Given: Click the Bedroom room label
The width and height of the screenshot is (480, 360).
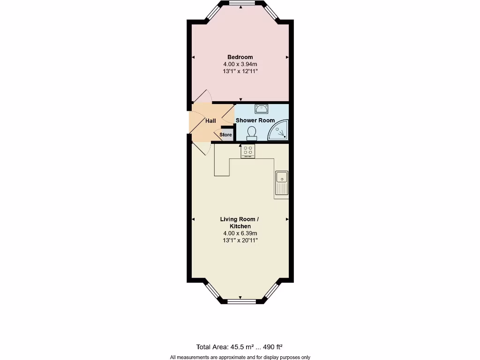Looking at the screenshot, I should [x=240, y=57].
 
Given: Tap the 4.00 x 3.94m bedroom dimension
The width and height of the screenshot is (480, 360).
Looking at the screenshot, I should [x=240, y=64].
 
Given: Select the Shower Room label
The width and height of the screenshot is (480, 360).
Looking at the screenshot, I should [x=255, y=120].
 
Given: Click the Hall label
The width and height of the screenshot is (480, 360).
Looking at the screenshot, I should [x=210, y=121].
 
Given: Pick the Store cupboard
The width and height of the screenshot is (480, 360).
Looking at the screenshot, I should [x=226, y=135].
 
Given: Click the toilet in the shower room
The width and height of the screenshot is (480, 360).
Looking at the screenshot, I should [x=252, y=133].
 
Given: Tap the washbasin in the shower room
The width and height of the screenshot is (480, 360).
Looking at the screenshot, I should [x=261, y=109].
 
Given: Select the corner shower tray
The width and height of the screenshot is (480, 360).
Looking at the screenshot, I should [x=279, y=131].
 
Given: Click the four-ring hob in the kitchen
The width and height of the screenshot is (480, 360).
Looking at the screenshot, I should [x=248, y=151].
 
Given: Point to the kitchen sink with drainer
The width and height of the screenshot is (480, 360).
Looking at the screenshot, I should [x=282, y=182].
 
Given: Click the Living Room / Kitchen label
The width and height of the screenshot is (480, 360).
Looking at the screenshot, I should [x=240, y=223].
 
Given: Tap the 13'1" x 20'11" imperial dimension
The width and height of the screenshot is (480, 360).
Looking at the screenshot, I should [x=240, y=240].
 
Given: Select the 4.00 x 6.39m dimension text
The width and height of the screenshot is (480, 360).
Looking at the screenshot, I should [x=240, y=233].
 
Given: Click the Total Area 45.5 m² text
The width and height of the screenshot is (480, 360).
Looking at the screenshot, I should [x=225, y=347].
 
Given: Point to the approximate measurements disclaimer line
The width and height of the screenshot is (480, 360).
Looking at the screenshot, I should [x=240, y=357].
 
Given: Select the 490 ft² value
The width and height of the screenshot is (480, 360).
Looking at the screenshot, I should [x=273, y=347].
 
